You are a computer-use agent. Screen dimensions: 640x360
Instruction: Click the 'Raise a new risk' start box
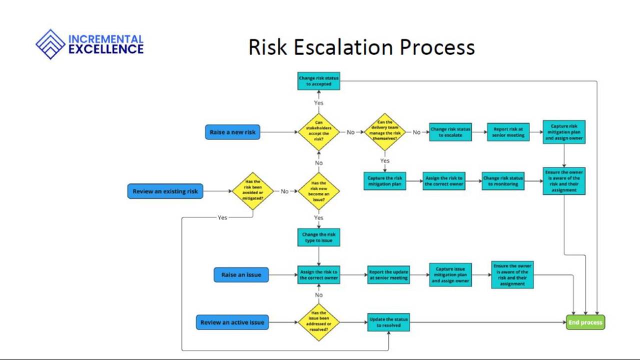click(232, 132)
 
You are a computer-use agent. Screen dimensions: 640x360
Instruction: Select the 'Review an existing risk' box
click(165, 191)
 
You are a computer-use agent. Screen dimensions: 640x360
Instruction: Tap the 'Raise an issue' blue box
click(241, 275)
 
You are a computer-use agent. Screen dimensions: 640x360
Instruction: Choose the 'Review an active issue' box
click(232, 322)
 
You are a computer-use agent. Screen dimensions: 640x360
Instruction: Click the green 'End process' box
click(585, 322)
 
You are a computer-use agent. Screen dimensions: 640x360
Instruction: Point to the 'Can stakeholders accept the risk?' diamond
click(319, 132)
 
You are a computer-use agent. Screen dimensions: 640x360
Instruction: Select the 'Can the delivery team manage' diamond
click(385, 131)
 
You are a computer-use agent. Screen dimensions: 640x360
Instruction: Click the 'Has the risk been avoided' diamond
click(253, 191)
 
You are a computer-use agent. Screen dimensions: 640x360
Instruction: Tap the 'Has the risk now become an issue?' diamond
click(319, 191)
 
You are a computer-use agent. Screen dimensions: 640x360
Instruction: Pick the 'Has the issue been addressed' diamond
click(319, 322)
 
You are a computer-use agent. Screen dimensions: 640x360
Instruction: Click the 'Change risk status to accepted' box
click(319, 81)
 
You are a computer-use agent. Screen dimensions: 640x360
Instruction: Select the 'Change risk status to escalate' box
click(450, 132)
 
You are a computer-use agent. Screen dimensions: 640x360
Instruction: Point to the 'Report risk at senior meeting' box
click(508, 132)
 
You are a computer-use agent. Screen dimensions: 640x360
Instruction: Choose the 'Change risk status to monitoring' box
click(503, 181)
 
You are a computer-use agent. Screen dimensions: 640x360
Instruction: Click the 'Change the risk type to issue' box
click(319, 237)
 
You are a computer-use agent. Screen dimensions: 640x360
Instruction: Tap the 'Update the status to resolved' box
click(388, 322)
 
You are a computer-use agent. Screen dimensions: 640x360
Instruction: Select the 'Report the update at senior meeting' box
click(388, 275)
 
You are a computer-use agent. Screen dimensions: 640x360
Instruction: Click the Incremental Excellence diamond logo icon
click(50, 44)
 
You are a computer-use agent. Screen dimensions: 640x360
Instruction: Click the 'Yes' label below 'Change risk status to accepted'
click(319, 103)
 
